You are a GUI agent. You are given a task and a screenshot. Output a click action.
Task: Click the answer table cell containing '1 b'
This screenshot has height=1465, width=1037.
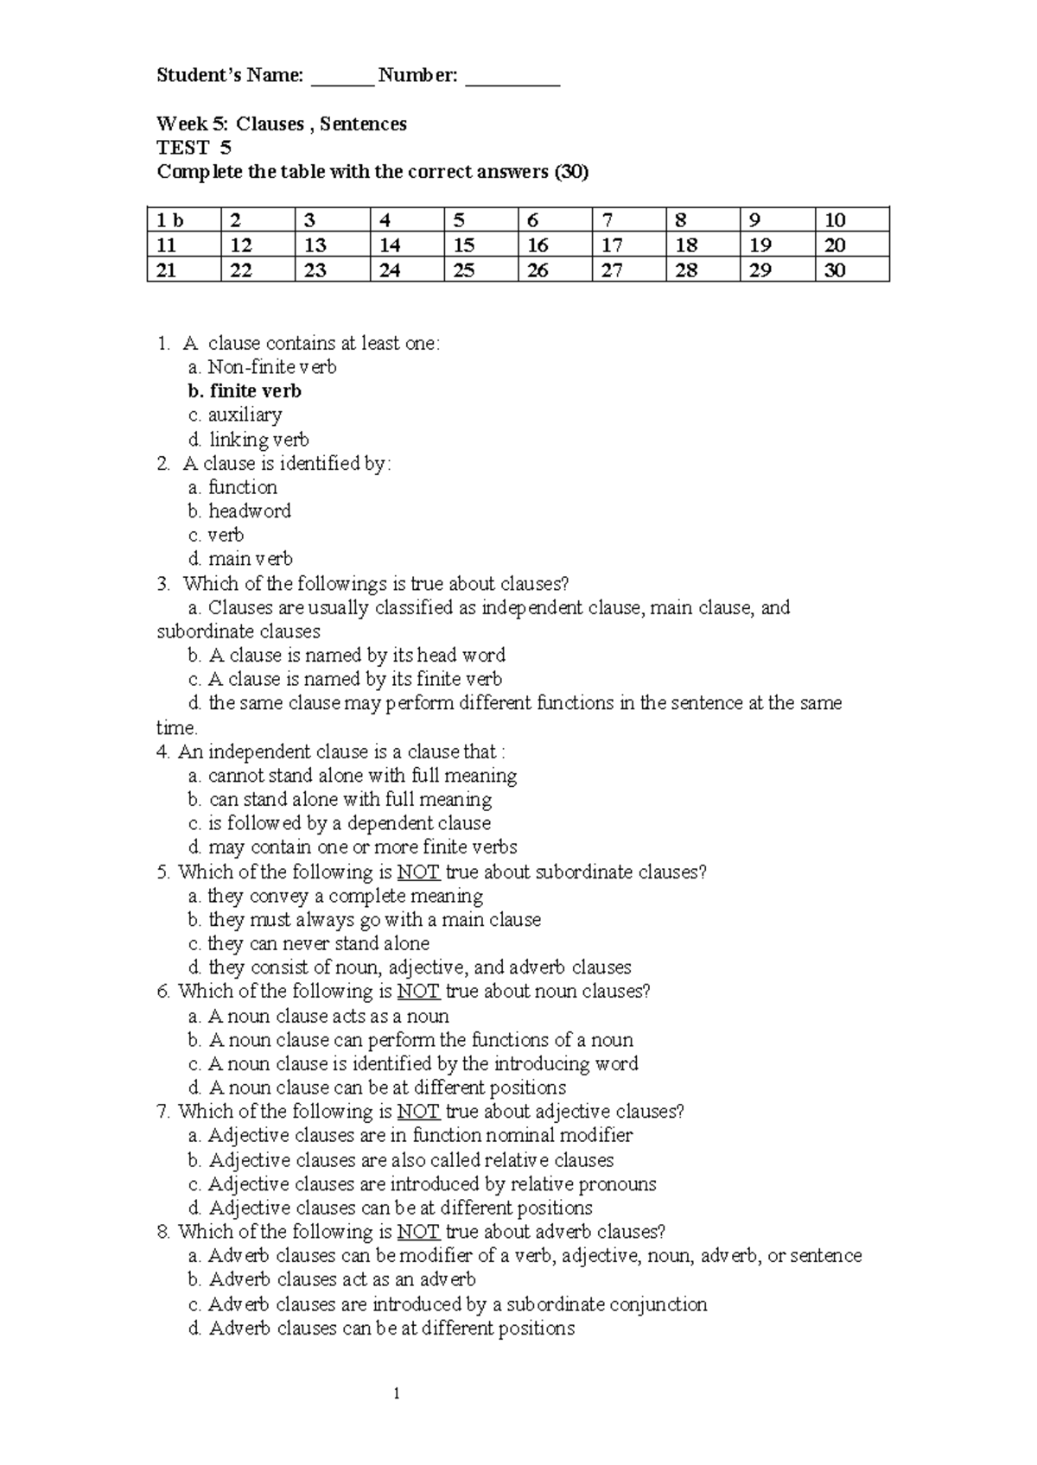183,219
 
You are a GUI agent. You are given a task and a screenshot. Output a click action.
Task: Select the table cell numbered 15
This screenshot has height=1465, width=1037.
480,245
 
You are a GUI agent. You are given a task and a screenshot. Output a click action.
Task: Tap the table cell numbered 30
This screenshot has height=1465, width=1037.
851,270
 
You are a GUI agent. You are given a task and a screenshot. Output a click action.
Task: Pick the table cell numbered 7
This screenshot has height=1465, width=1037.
629,219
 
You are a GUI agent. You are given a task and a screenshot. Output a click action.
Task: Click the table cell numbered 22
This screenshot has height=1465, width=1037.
258,270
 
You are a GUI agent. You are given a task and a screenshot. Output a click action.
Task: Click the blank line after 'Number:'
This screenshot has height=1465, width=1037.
512,84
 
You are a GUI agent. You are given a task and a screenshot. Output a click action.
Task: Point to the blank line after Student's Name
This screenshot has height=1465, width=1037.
342,84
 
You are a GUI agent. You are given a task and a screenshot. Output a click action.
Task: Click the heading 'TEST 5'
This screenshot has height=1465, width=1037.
194,148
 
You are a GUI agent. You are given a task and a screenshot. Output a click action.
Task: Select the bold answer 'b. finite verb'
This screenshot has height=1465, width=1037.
245,391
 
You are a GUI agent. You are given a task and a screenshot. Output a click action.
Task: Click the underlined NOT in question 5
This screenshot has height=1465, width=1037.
418,872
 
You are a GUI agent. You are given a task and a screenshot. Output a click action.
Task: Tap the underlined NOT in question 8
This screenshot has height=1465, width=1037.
418,1232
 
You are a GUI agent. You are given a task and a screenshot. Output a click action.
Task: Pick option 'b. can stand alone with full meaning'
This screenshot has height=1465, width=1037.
340,800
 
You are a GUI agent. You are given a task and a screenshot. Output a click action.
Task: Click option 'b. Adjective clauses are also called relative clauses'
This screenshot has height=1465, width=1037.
401,1160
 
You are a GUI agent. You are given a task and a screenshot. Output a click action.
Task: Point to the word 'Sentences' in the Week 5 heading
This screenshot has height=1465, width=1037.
363,124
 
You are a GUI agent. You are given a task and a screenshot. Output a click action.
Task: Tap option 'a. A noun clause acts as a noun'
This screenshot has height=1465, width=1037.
319,1016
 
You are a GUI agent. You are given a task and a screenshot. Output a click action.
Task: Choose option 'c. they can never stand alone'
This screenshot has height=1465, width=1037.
309,943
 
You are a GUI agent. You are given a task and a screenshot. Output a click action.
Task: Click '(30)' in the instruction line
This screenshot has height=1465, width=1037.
571,172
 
